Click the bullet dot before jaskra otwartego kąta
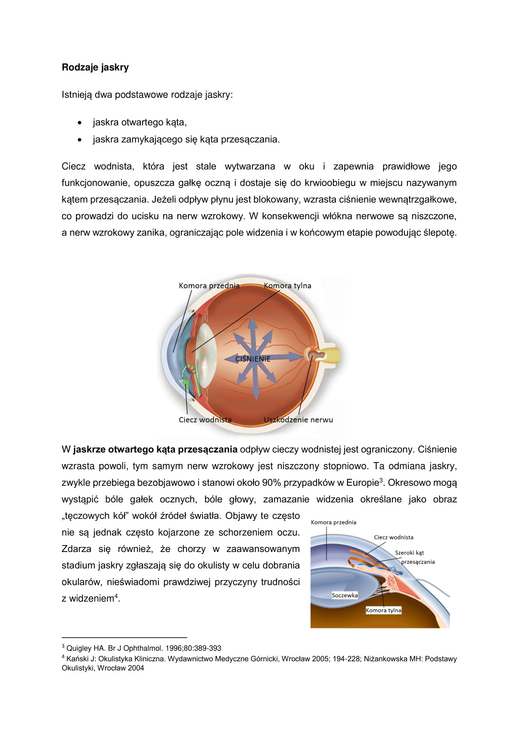point(79,123)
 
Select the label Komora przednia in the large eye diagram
point(209,286)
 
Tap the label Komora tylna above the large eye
point(287,286)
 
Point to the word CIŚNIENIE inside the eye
point(253,359)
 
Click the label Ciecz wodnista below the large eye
point(205,420)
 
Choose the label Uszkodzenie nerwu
point(298,420)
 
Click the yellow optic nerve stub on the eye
point(332,355)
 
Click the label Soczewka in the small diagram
point(345,595)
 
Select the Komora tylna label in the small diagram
point(383,610)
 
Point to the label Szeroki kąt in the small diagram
point(409,553)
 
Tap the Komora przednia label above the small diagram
point(333,522)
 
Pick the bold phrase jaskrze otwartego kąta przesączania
point(155,449)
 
